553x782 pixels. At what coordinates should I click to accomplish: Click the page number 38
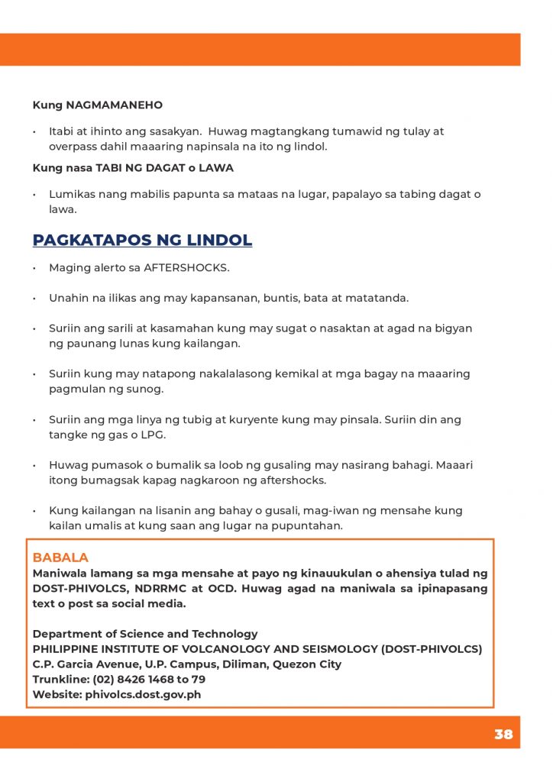click(x=503, y=735)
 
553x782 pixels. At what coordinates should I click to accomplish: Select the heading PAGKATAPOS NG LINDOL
click(x=142, y=241)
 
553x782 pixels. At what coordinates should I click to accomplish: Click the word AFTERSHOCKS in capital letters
click(x=186, y=268)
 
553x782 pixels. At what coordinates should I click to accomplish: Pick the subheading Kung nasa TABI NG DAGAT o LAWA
click(x=133, y=168)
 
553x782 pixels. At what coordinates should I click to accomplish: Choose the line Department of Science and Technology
click(x=145, y=634)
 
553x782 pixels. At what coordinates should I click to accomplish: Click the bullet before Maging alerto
click(x=34, y=269)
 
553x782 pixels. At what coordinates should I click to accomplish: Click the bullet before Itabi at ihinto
click(x=34, y=132)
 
